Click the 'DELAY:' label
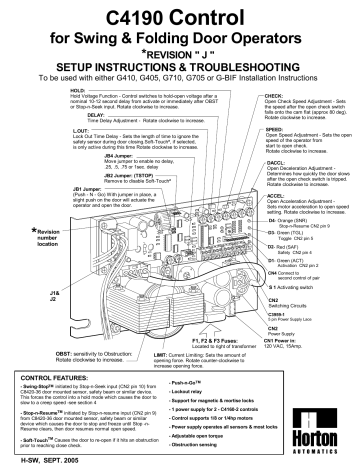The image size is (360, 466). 98,114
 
